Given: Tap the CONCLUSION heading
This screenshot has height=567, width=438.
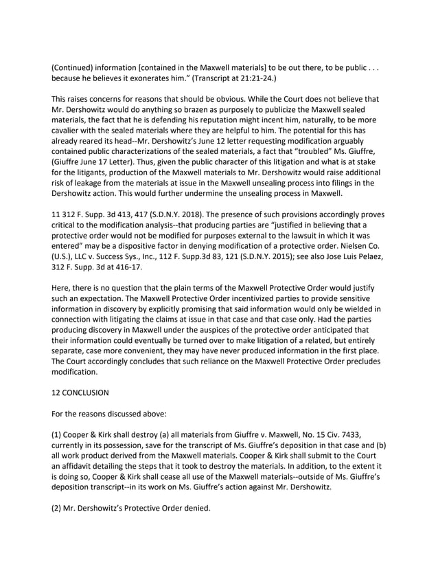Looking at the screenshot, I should (x=93, y=396).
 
